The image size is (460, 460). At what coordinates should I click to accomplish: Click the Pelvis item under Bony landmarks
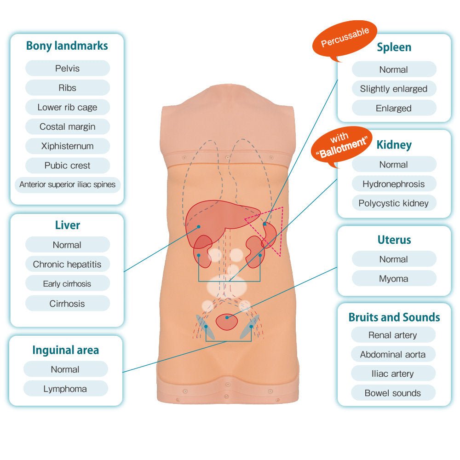coord(67,69)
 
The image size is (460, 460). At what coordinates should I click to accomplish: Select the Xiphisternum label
coord(67,146)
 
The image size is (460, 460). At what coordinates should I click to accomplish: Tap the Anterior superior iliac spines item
coord(67,185)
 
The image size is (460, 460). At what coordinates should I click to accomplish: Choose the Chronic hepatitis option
coord(67,264)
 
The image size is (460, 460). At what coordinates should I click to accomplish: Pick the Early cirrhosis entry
coord(67,284)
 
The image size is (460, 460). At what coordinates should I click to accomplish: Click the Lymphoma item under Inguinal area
coord(65,389)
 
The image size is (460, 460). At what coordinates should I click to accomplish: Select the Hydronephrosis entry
coord(394,184)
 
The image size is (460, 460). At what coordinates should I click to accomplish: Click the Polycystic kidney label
coord(394,203)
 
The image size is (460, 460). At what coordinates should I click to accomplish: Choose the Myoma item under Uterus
coord(394,279)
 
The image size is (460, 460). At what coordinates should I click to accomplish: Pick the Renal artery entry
coord(393,335)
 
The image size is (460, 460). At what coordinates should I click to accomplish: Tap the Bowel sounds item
coord(393,393)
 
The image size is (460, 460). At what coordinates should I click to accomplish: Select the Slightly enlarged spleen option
coord(394,89)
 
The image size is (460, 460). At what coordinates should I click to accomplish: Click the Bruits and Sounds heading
coord(394,317)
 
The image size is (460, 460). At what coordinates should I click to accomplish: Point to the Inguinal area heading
coord(65,350)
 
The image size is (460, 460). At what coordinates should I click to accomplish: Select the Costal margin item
coord(67,127)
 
